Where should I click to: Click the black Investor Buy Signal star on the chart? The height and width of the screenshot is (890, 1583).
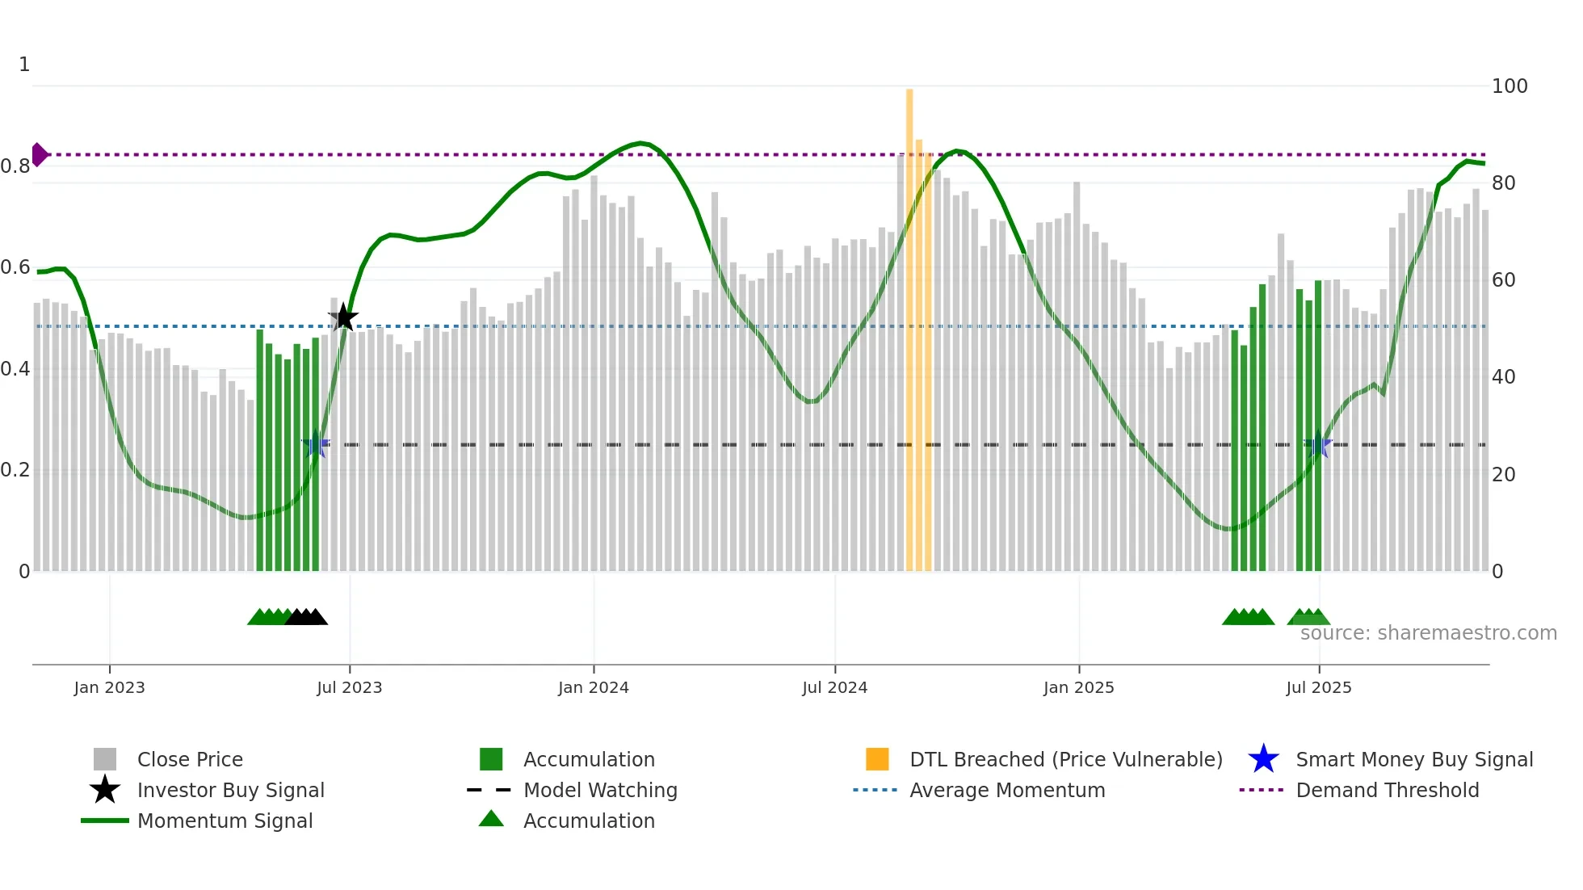(343, 317)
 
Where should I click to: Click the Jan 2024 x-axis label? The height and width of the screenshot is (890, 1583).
(593, 687)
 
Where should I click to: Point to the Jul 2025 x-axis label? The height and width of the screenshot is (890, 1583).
(1318, 687)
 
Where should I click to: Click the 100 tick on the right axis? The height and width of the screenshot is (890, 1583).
(1510, 86)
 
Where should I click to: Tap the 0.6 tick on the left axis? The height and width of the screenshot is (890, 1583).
(15, 267)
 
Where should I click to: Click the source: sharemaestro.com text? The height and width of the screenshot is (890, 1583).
(1428, 633)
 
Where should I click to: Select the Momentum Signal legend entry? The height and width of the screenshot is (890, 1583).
(225, 821)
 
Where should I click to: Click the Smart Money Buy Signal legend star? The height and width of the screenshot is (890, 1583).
(1263, 759)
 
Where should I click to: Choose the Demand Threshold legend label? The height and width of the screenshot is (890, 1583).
(1387, 790)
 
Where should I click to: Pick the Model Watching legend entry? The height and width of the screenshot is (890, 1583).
(600, 790)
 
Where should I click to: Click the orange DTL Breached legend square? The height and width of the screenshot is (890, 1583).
(877, 759)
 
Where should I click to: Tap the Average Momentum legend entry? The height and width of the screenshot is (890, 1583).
(1007, 790)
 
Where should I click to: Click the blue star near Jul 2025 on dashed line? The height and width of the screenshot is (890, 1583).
(1318, 445)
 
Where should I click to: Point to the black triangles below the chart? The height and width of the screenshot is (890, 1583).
(306, 618)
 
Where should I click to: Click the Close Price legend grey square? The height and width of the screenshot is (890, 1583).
(105, 759)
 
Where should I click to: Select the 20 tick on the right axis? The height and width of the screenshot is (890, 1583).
(1503, 474)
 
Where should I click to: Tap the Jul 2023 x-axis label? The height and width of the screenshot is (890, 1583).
(349, 687)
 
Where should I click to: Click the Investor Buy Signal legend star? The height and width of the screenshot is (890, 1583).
(105, 790)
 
